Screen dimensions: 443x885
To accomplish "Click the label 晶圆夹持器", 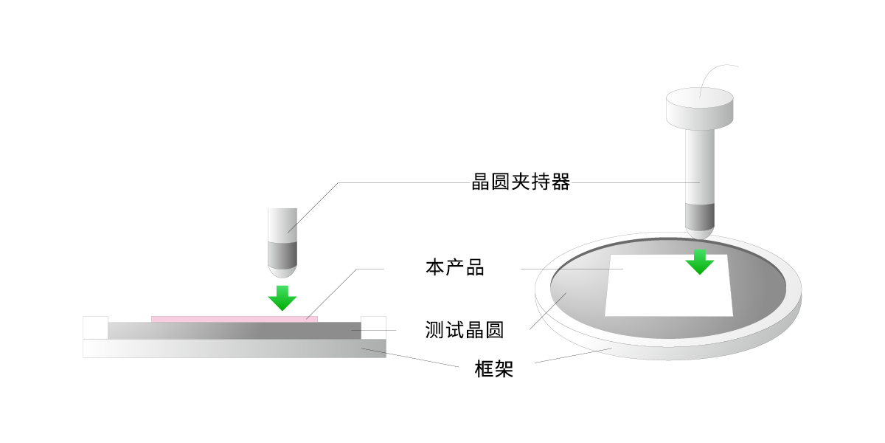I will point(521,182).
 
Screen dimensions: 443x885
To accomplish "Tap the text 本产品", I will point(454,267).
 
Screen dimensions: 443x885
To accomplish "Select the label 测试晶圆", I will point(464,330).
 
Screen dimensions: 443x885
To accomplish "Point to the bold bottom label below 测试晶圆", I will point(493,369).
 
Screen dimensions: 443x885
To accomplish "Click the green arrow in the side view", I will point(282,297).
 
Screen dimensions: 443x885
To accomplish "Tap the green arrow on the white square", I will point(699,261).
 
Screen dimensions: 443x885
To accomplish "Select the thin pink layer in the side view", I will point(235,319).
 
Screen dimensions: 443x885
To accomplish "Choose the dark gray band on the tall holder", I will point(700,215).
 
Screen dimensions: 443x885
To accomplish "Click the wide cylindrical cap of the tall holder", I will point(700,108).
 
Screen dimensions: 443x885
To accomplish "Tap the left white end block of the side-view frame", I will point(95,327).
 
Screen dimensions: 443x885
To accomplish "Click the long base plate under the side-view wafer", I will point(235,348).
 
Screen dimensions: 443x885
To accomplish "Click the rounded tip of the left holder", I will point(282,271).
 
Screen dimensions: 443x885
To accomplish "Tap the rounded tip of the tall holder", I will point(700,233).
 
